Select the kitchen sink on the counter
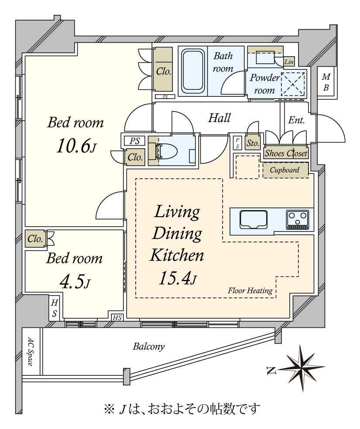tap(253, 219)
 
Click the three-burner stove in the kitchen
tap(298, 219)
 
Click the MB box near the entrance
tap(326, 82)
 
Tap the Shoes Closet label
tap(286, 153)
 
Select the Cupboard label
tap(285, 170)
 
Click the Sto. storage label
tap(252, 143)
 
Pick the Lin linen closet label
tap(289, 62)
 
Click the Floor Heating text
tap(250, 290)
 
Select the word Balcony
tap(149, 347)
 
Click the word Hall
tap(219, 118)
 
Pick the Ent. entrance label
tap(296, 120)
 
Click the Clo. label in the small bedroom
tap(35, 239)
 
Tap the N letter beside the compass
tap(271, 371)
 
